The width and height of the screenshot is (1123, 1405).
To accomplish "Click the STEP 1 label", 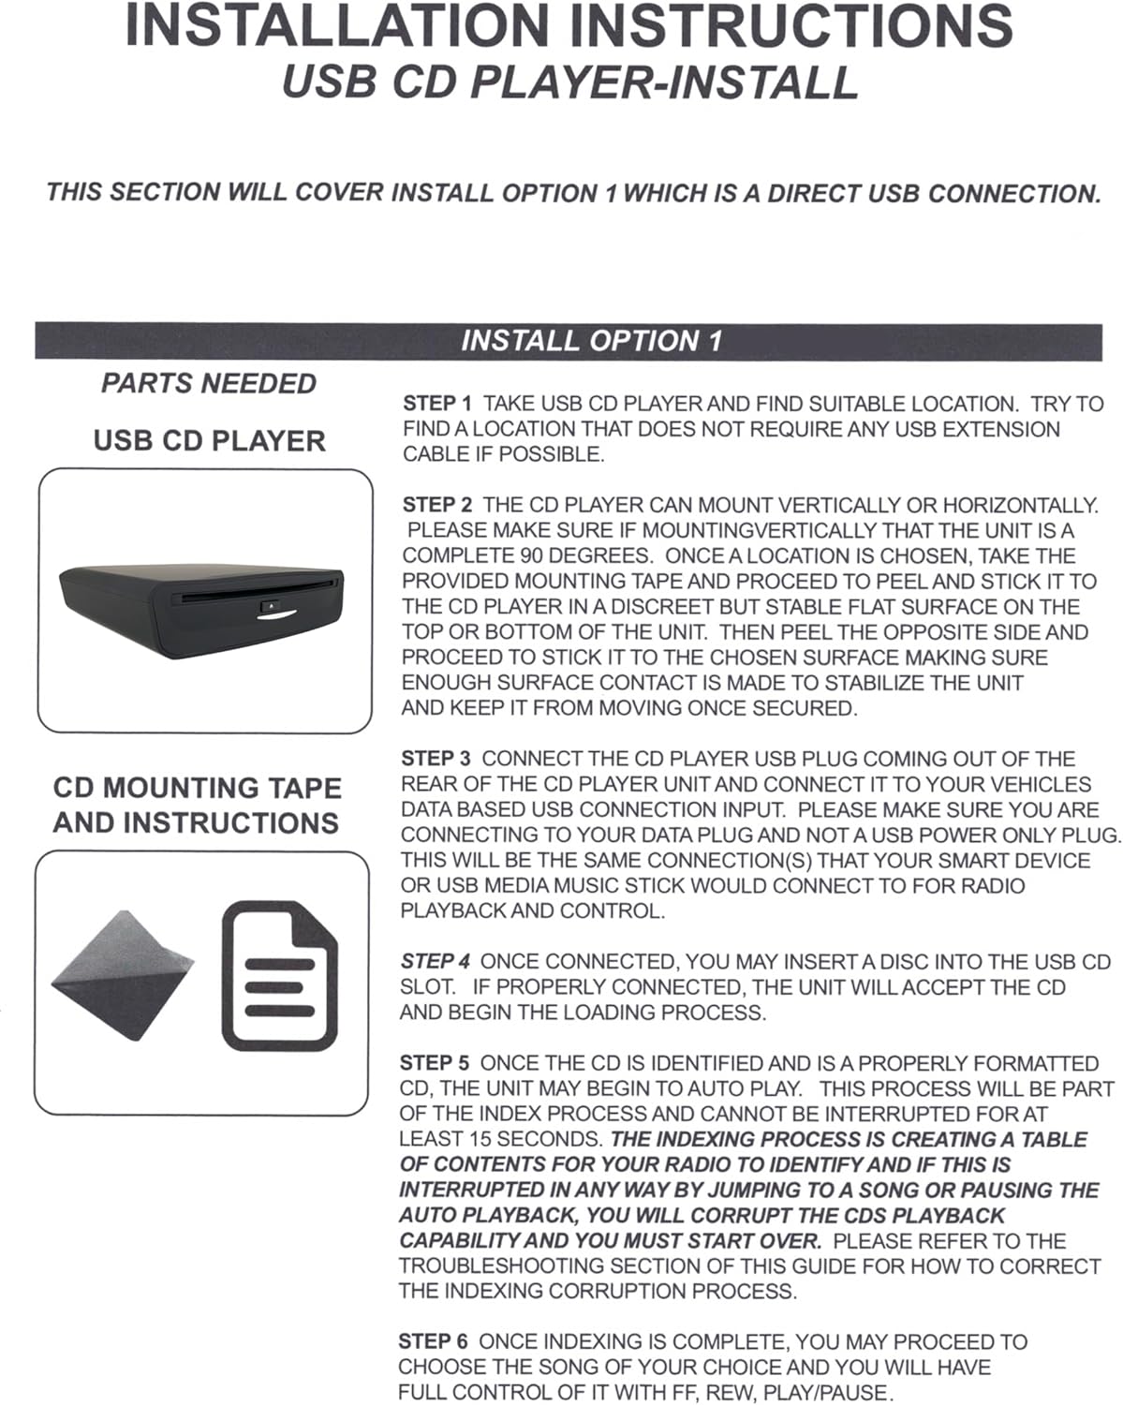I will click(437, 404).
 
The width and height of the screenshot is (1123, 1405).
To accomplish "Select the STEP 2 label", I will click(437, 505).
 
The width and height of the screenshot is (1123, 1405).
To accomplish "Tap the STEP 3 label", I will click(436, 759).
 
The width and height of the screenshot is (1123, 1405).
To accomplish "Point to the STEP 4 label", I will click(436, 961).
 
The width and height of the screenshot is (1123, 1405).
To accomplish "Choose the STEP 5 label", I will click(435, 1063).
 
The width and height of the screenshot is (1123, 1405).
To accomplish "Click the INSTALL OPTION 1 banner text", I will click(591, 341).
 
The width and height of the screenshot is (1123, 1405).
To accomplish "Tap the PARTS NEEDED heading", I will click(209, 383).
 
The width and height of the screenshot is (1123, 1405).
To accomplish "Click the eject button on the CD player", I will click(270, 607).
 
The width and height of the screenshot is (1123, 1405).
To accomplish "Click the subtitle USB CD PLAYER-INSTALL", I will click(569, 81).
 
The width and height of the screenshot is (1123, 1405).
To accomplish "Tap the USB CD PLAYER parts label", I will click(209, 440).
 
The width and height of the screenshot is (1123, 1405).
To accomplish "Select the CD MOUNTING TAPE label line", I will click(197, 788).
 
